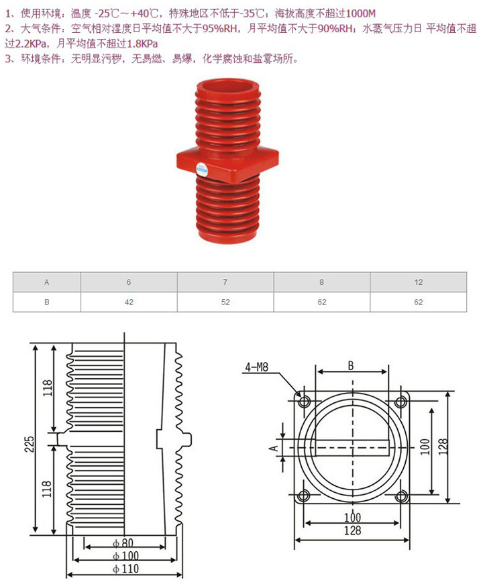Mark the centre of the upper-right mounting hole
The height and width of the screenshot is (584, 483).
tap(400, 402)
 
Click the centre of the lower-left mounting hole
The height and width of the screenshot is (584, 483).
tap(305, 495)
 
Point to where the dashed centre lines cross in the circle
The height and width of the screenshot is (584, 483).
tap(353, 448)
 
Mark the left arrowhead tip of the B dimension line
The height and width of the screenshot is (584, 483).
tap(316, 371)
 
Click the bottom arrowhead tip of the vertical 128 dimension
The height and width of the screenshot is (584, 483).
tap(448, 503)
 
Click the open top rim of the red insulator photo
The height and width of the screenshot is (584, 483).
tap(227, 86)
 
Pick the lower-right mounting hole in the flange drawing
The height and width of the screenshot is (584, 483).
tap(400, 495)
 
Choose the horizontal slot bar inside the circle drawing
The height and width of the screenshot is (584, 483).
tap(350, 448)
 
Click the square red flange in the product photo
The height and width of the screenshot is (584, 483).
tap(228, 162)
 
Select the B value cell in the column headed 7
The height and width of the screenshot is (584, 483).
tap(225, 302)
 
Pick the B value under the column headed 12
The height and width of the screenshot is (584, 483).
tap(418, 302)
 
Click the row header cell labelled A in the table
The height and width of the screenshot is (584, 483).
tap(47, 282)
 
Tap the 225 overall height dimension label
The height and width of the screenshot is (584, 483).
tap(29, 444)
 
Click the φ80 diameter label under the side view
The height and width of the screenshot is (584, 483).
tap(123, 543)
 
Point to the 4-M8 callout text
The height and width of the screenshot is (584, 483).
tap(256, 367)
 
